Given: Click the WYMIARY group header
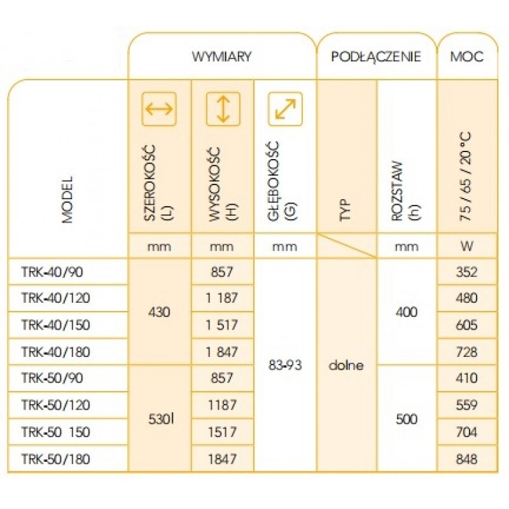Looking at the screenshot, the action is click(221, 57).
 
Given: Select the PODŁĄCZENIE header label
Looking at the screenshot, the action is click(376, 57).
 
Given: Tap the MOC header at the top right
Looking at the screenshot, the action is click(466, 57).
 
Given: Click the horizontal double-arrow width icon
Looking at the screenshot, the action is click(159, 109).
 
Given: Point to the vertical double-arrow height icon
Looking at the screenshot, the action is click(223, 109).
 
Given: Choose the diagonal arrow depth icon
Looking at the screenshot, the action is click(285, 109).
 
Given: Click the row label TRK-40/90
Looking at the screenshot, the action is click(52, 272).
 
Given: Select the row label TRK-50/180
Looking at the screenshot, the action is click(55, 459).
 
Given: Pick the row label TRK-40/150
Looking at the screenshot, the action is click(55, 325).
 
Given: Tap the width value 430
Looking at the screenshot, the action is click(159, 312).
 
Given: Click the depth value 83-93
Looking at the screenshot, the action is click(285, 365).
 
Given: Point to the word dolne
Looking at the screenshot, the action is click(346, 365).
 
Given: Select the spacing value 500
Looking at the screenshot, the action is click(407, 419).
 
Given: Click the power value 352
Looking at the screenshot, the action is click(467, 272).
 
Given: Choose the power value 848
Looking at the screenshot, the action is click(467, 459).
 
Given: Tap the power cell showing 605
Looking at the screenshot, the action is click(467, 325).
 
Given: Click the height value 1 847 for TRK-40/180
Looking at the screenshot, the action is click(222, 352).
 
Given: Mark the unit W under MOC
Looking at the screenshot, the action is click(467, 246).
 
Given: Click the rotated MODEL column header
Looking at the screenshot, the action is click(67, 200).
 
